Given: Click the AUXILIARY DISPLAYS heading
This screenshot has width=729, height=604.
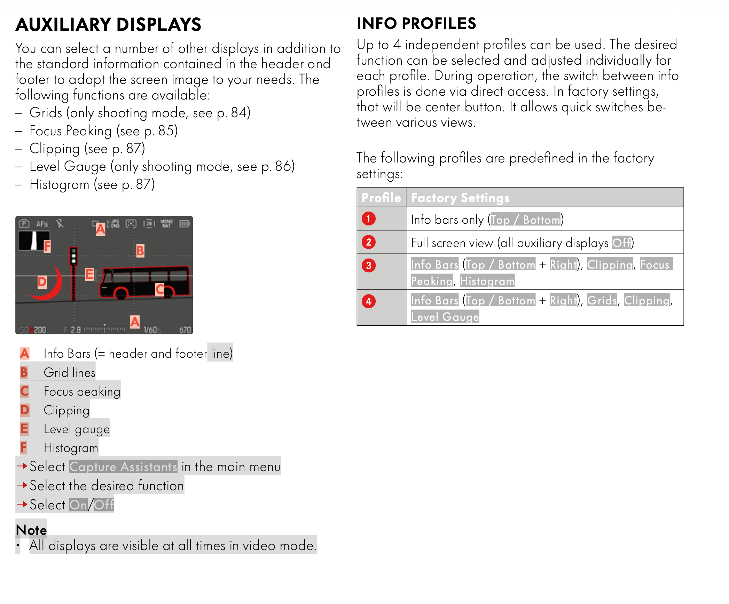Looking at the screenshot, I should (108, 25).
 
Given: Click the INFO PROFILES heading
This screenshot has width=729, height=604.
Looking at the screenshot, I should (416, 24).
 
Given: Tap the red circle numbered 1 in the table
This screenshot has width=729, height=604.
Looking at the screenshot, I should (368, 219).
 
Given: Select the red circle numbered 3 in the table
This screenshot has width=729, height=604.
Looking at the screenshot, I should (368, 265).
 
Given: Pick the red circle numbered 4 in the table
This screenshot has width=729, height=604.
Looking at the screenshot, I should (368, 301).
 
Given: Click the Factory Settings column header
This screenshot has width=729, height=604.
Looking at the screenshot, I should (460, 198).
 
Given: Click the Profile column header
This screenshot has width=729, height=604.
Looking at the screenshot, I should (381, 198).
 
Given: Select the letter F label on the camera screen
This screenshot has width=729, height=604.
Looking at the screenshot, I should (47, 246).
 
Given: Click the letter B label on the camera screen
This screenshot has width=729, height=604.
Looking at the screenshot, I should (140, 251).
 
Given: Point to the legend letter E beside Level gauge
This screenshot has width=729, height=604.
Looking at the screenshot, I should (24, 429).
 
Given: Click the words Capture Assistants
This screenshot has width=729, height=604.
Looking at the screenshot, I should (123, 467).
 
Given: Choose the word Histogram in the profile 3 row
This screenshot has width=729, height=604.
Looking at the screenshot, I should (487, 281).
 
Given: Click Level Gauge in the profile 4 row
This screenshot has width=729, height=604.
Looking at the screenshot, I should (445, 317).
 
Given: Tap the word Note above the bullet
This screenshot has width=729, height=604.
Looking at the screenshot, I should (31, 530).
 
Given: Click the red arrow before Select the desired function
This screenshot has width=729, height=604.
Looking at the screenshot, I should (22, 485).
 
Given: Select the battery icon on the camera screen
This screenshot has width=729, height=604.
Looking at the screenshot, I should (184, 224).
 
